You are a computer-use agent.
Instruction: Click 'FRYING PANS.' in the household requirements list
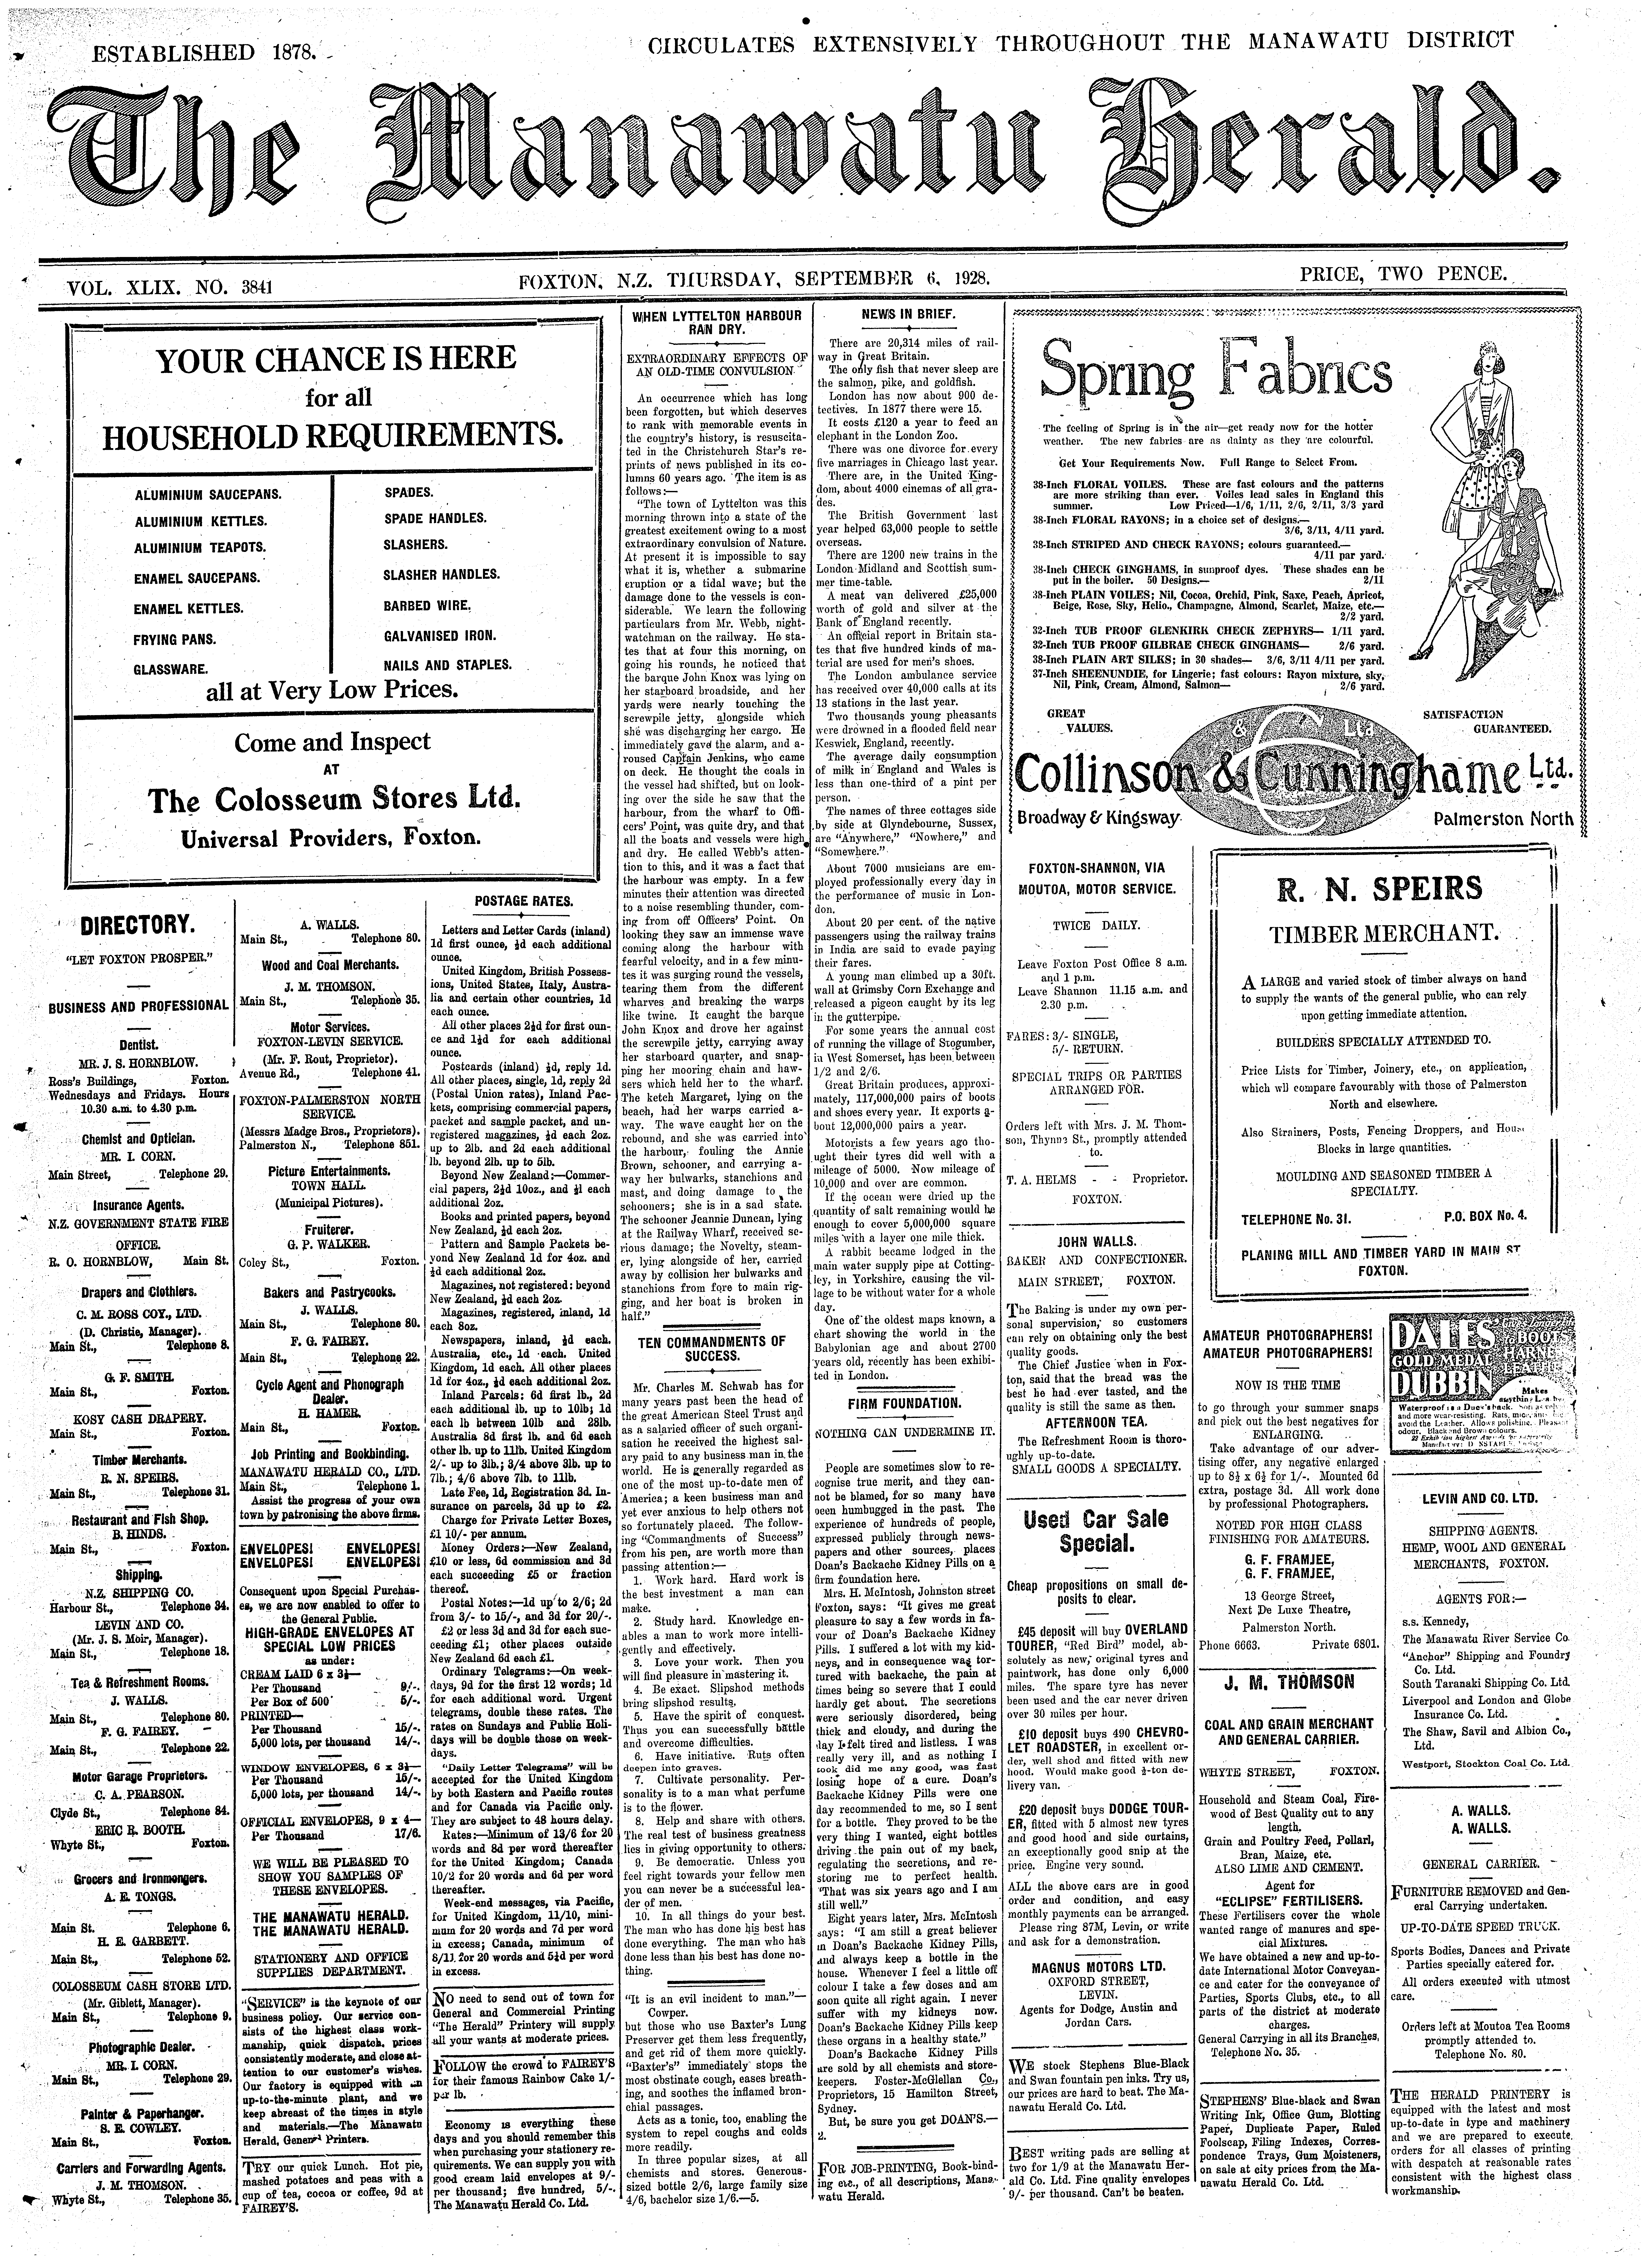(x=176, y=639)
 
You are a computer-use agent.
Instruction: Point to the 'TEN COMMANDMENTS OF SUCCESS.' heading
(x=712, y=1349)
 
